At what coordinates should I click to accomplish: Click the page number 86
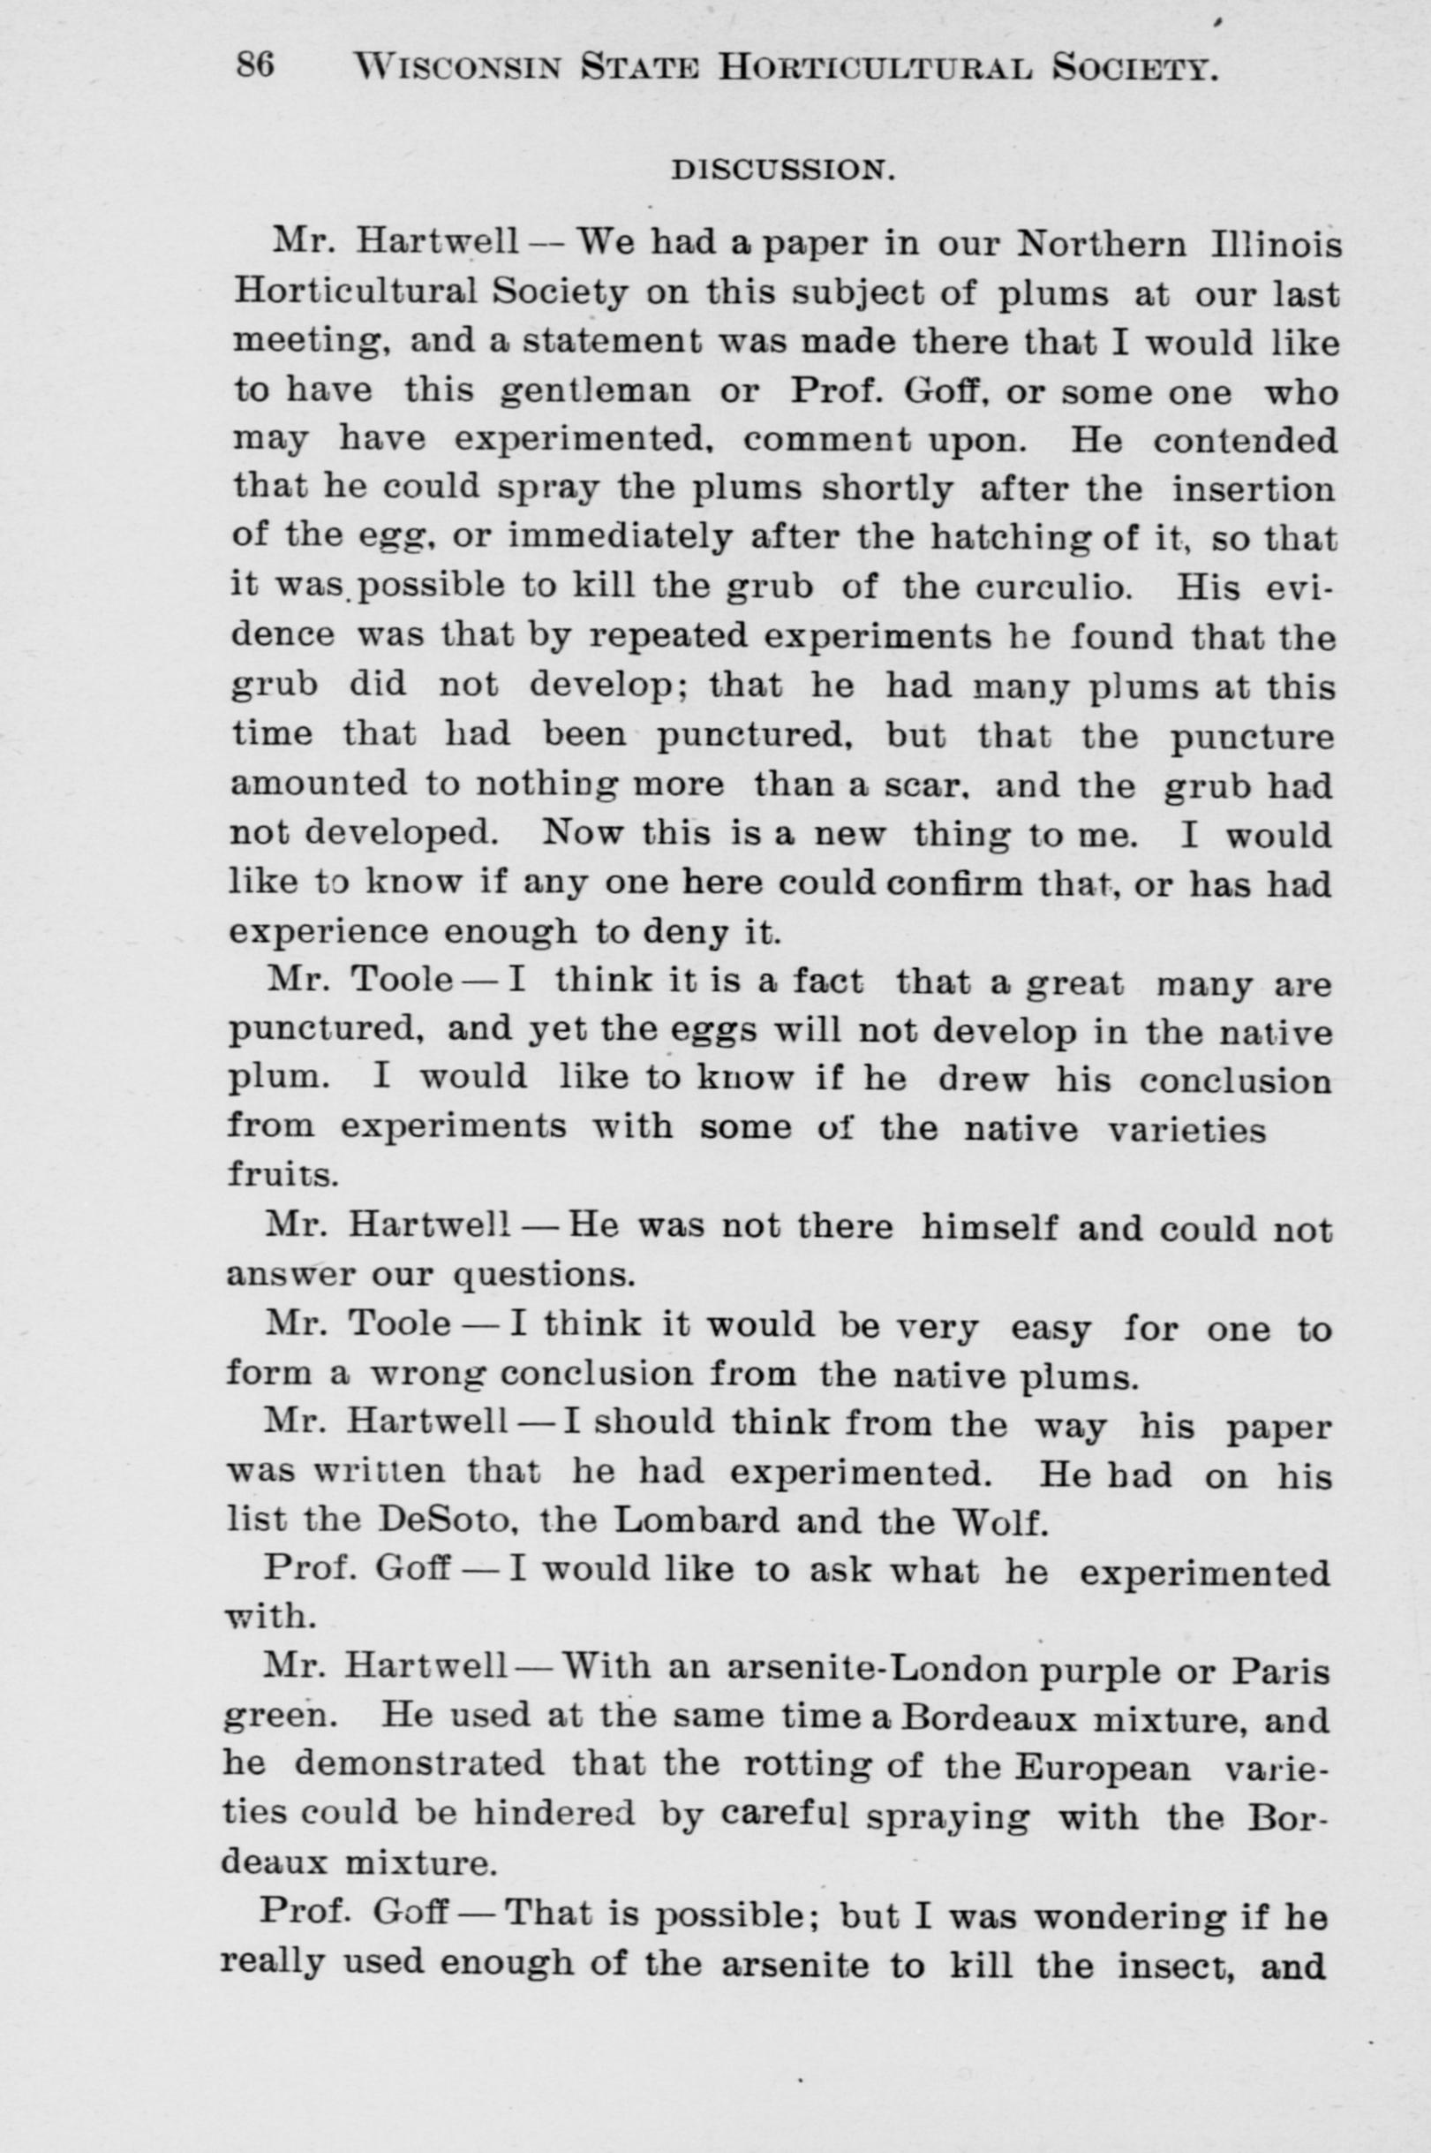tap(255, 65)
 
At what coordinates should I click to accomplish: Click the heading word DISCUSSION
tap(781, 170)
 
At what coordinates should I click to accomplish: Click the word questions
tap(543, 1273)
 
